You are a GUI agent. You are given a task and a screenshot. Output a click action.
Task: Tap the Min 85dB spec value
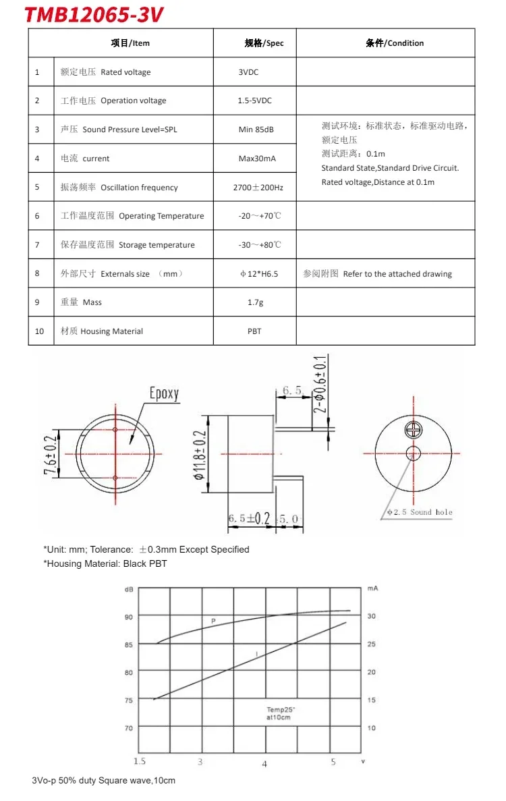[x=256, y=130]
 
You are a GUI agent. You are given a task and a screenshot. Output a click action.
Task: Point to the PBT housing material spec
[x=254, y=331]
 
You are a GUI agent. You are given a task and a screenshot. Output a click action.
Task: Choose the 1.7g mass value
[x=255, y=302]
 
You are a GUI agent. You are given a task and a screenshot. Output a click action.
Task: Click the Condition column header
[x=395, y=43]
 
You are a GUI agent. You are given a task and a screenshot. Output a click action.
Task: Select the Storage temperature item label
[x=157, y=245]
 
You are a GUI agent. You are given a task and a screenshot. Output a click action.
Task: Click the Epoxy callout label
[x=164, y=393]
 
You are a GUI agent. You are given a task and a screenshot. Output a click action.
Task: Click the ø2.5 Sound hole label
[x=419, y=513]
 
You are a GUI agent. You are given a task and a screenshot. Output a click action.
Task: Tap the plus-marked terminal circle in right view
[x=413, y=430]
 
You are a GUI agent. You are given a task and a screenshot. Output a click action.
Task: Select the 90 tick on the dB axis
[x=128, y=616]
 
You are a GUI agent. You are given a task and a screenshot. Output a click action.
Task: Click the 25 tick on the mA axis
[x=371, y=644]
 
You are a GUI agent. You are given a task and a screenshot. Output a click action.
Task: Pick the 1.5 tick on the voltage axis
[x=140, y=762]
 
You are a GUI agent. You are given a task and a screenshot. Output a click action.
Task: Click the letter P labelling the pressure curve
[x=213, y=619]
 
